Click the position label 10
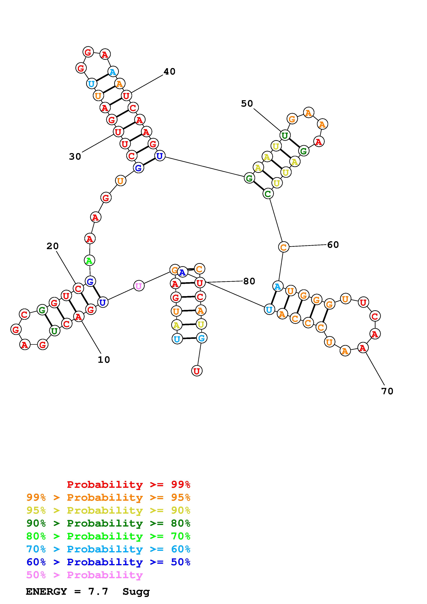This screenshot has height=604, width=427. pyautogui.click(x=104, y=360)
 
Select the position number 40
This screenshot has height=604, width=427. pyautogui.click(x=169, y=72)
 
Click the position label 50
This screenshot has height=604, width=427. pyautogui.click(x=247, y=104)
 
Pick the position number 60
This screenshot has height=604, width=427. pyautogui.click(x=333, y=245)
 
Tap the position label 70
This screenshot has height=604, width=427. pyautogui.click(x=387, y=391)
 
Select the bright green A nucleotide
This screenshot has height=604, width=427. pyautogui.click(x=89, y=261)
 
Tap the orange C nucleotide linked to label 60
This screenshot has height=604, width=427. pyautogui.click(x=283, y=247)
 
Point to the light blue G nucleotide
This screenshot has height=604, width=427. pyautogui.click(x=202, y=338)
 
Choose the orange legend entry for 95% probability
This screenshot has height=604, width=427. pyautogui.click(x=108, y=497)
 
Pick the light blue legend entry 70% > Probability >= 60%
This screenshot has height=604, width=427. pyautogui.click(x=108, y=549)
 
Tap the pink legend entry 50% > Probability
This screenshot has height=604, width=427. pyautogui.click(x=85, y=575)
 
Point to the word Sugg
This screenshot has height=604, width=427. pyautogui.click(x=136, y=592)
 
